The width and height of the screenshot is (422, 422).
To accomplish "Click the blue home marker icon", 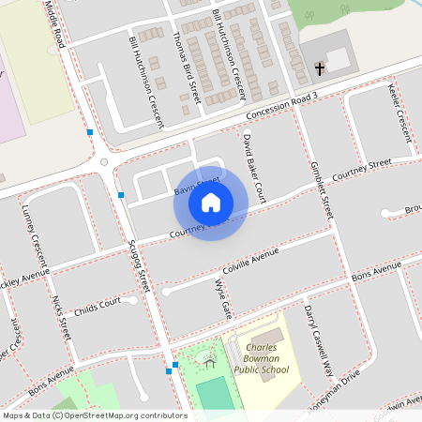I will click(x=211, y=202).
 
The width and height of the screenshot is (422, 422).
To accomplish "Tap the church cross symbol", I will click(x=320, y=68).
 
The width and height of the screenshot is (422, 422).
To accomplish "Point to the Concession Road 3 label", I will click(x=283, y=105).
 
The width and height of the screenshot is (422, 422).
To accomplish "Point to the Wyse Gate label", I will click(x=222, y=295).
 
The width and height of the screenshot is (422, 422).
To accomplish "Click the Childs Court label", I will click(x=98, y=305).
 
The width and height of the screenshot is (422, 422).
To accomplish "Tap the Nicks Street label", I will click(x=62, y=316).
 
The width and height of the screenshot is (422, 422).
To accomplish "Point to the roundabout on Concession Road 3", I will click(x=104, y=161).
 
